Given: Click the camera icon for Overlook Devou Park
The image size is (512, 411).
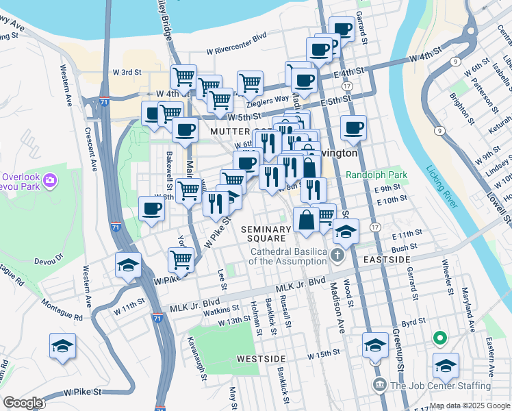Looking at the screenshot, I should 49,180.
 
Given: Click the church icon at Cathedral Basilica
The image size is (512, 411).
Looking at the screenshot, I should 336,256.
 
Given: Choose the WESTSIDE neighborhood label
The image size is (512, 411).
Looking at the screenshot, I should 260,358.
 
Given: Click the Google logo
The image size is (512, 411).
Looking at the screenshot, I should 23,403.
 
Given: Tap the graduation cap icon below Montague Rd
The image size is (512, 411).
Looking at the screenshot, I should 62,345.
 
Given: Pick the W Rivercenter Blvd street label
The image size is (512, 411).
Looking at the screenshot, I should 231,45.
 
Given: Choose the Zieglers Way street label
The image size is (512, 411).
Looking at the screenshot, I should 268,98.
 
